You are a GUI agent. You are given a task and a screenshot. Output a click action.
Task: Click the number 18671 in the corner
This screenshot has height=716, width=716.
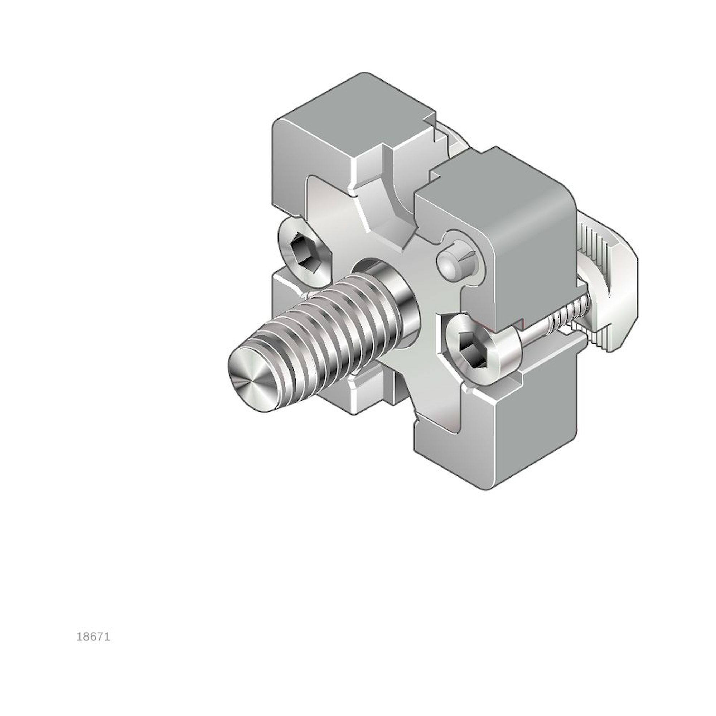(93, 637)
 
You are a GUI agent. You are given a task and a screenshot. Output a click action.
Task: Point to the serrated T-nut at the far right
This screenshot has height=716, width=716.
(608, 282)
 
